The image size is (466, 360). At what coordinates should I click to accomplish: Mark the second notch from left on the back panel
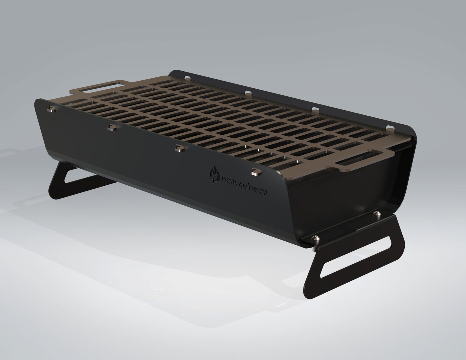click(248, 93)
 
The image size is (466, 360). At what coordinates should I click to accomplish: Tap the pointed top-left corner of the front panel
click(35, 99)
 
